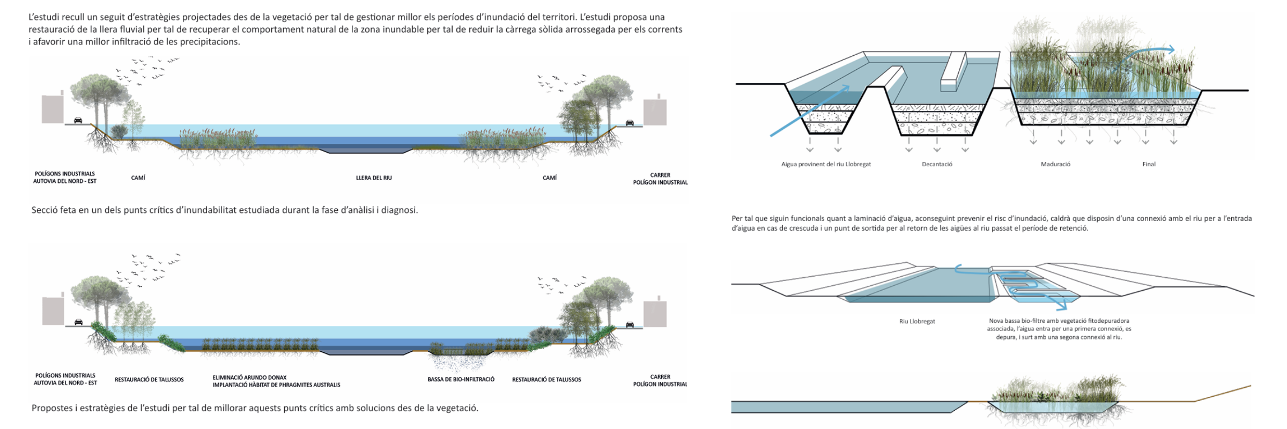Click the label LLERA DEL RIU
[374, 178]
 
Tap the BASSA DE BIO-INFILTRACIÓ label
[461, 380]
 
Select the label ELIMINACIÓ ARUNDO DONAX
[249, 378]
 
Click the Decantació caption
[937, 164]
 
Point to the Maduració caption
[1055, 164]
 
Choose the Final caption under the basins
[1149, 164]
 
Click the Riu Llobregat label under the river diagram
[917, 322]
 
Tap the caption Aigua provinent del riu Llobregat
[826, 164]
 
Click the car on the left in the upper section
[78, 121]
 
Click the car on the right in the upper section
[630, 123]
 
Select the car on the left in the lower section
[78, 322]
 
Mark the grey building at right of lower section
[655, 312]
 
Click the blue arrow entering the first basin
[810, 111]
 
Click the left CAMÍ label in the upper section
[138, 178]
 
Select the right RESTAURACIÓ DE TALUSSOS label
[546, 380]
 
